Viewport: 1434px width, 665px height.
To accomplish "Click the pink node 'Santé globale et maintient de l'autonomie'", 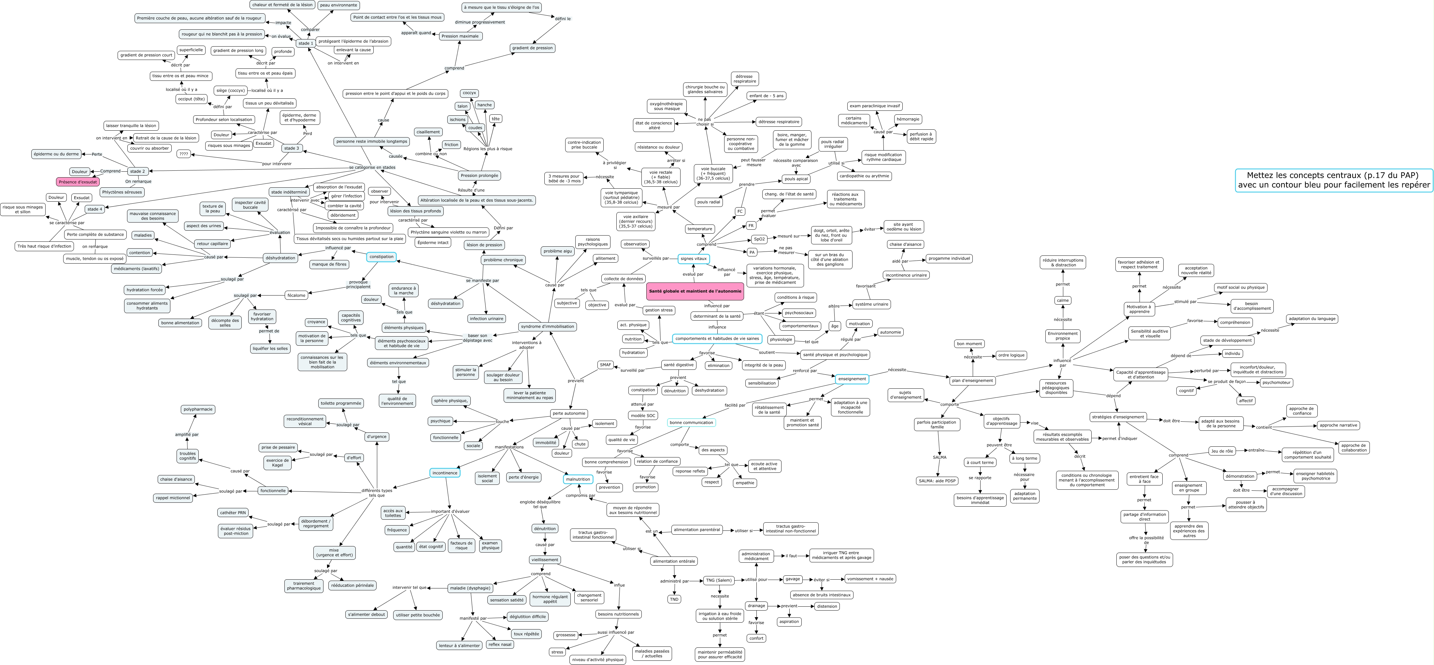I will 695,291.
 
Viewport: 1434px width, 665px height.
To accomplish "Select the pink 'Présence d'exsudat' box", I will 78,181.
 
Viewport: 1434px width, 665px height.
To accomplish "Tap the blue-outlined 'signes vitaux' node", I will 694,258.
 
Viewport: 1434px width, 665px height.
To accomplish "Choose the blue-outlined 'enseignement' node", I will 852,379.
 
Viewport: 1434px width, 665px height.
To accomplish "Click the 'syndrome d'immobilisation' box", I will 547,326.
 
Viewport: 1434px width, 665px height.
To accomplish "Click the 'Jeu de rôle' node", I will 1221,451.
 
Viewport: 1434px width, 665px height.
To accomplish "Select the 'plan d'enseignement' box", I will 972,381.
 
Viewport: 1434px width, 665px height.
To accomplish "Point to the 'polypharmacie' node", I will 198,409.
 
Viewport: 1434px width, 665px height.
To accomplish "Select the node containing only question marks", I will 184,154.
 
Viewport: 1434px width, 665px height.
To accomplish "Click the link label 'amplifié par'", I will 187,434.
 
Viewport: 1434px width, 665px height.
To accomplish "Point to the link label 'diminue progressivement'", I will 480,22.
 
